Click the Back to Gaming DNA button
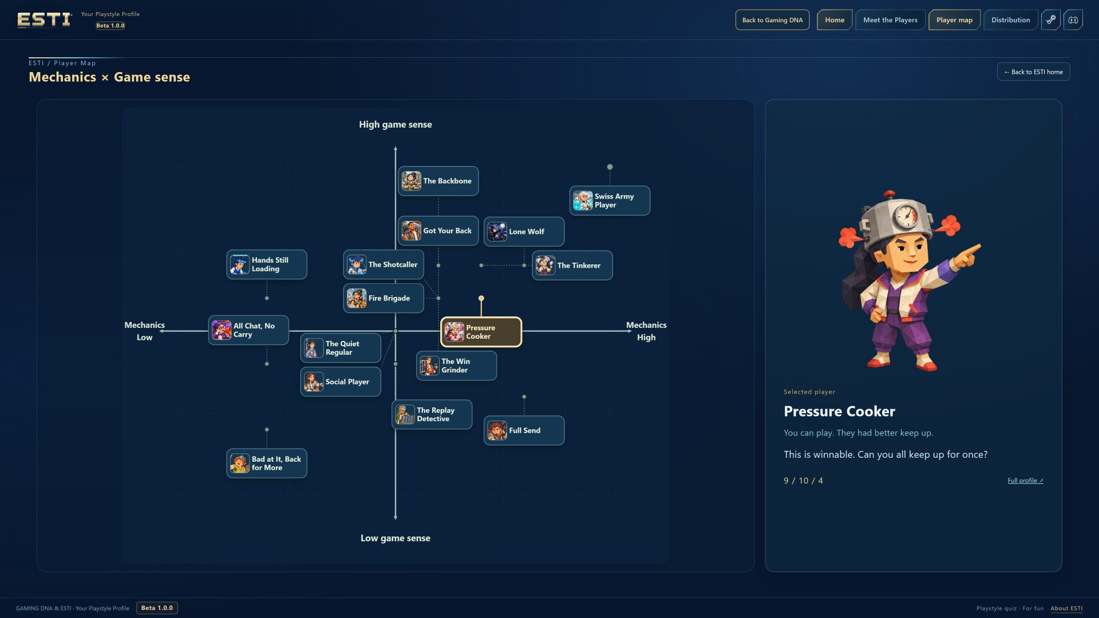point(772,20)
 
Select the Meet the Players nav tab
point(890,20)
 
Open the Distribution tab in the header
point(1010,20)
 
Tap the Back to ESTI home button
point(1033,72)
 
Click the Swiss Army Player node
point(610,201)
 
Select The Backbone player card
point(438,181)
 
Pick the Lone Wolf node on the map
point(524,232)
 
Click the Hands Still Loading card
point(267,264)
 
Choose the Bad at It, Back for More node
point(267,463)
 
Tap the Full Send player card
point(524,430)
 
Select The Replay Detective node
point(432,414)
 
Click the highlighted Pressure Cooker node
point(481,332)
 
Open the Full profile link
point(1025,481)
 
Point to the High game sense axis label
point(396,125)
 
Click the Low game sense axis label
point(396,538)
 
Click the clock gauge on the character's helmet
point(907,216)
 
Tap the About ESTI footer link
point(1066,608)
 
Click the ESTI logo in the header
point(44,20)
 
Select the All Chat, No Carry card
point(248,330)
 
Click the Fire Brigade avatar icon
point(357,298)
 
